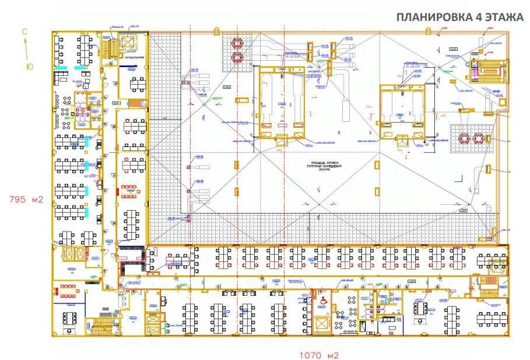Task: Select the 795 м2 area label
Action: [x=26, y=200]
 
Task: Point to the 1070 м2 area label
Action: [x=319, y=354]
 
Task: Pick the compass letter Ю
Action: [x=29, y=67]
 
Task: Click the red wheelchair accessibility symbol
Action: [x=321, y=299]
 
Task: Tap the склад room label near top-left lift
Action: [x=134, y=57]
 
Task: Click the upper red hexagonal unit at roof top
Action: [x=237, y=43]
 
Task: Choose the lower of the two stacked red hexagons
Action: [x=237, y=57]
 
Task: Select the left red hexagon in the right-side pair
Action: [x=465, y=138]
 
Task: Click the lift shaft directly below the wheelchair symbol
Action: [x=321, y=323]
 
